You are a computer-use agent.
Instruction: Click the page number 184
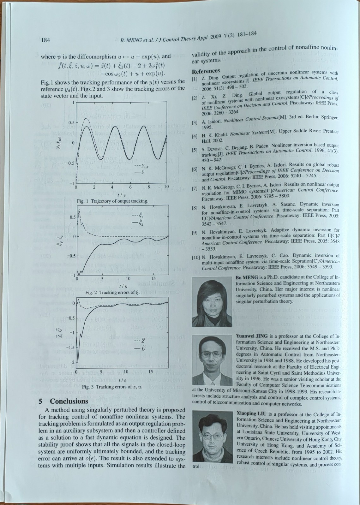[46, 40]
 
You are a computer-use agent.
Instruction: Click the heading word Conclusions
[69, 401]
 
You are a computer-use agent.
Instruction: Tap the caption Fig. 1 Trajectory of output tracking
[112, 201]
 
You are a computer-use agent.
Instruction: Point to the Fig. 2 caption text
[112, 293]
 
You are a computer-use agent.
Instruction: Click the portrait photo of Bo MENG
[212, 302]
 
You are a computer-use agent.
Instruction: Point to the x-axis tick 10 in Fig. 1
[167, 187]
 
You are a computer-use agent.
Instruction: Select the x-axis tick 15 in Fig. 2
[154, 279]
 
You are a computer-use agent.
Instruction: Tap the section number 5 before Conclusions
[40, 401]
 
